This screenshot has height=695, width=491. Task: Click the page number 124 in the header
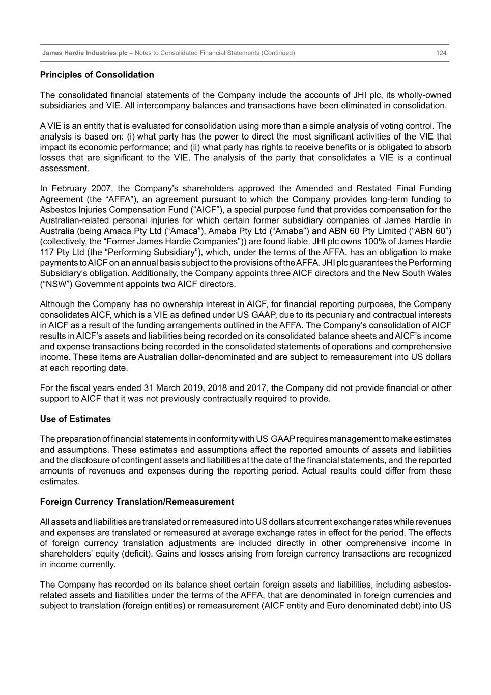point(441,53)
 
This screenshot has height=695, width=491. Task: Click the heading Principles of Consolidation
point(97,75)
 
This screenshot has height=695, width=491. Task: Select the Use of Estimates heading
point(75,419)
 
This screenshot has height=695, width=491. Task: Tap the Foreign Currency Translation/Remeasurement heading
point(137,502)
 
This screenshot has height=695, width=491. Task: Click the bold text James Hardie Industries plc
point(84,53)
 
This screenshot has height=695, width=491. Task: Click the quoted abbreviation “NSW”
point(57,284)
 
